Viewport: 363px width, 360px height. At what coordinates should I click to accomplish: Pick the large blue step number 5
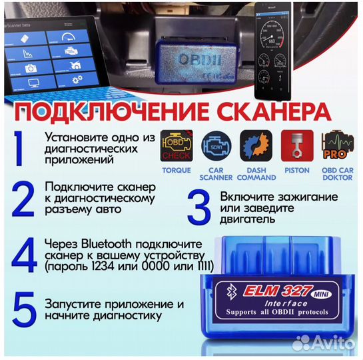(22, 309)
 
